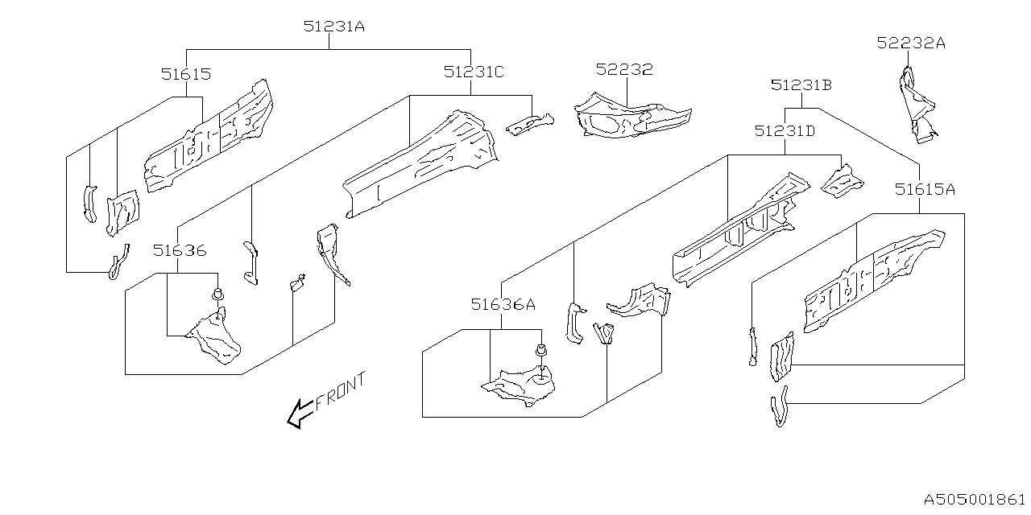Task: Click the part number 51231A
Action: (x=334, y=27)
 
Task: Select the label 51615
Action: (x=185, y=74)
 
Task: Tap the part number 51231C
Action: (x=474, y=72)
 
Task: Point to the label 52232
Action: (x=624, y=70)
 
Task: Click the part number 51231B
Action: (x=801, y=85)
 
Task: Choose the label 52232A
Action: (x=911, y=43)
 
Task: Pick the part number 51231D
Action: (x=785, y=130)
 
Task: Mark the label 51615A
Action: (x=925, y=190)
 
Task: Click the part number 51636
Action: (x=180, y=251)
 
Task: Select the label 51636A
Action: (x=503, y=304)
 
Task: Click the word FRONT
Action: (x=340, y=392)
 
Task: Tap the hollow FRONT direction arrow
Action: (x=300, y=414)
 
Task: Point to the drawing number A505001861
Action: (x=976, y=499)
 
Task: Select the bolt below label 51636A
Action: (x=542, y=351)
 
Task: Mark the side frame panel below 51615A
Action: (x=874, y=278)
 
